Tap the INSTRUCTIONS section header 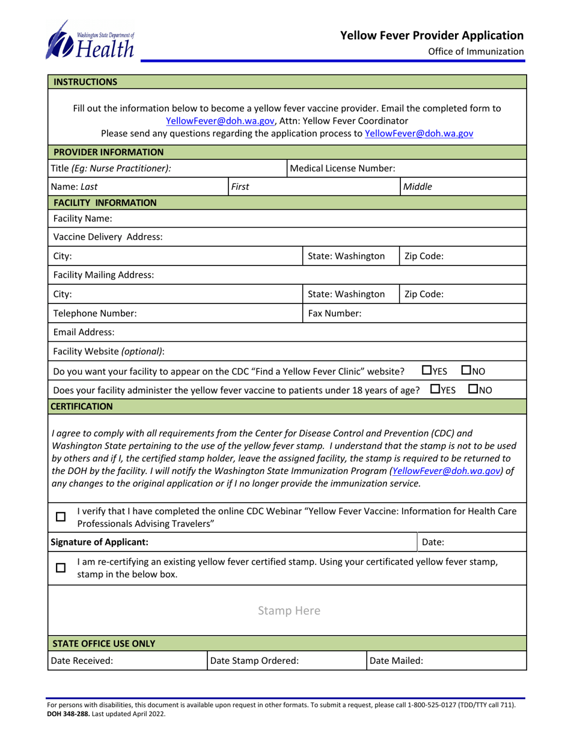point(86,81)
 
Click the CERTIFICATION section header point(82,406)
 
